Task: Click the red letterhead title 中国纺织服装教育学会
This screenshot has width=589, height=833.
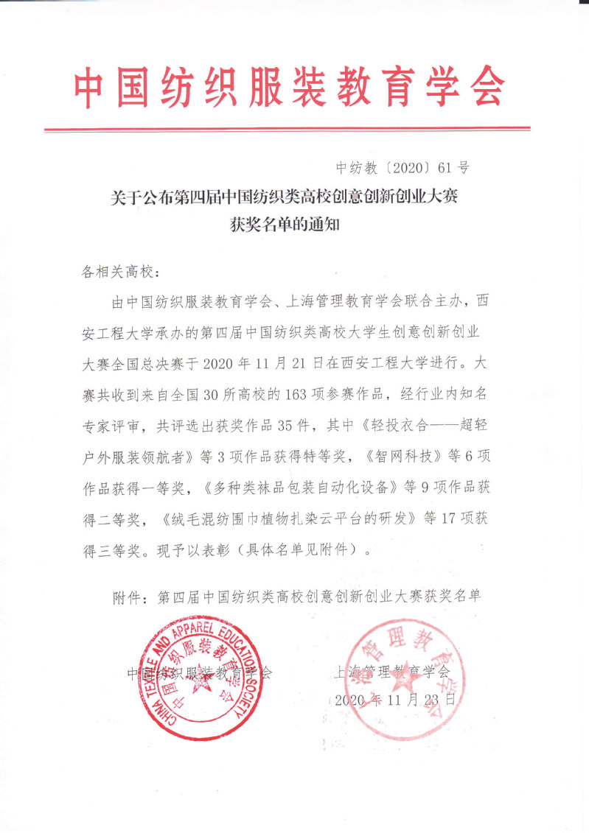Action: pos(290,88)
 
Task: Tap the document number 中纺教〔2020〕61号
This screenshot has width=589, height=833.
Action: pos(402,167)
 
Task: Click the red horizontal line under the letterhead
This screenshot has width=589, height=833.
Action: pos(287,130)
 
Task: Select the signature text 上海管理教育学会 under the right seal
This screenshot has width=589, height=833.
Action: pos(391,672)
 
